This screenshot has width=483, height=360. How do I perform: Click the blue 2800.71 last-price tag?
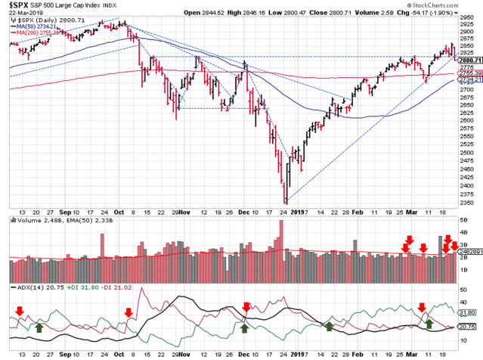pos(467,59)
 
